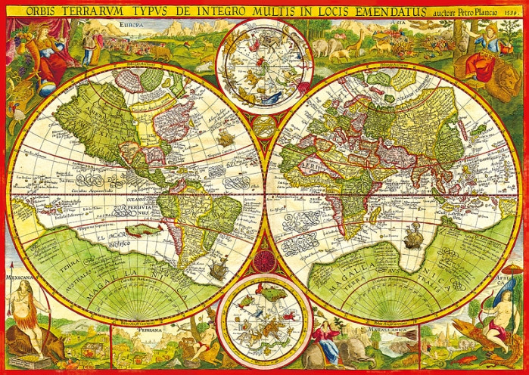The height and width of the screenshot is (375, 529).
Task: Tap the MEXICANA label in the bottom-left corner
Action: click(20, 277)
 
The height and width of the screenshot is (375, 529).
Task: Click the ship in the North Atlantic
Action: click(226, 138)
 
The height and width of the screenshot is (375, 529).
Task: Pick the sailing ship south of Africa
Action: click(412, 240)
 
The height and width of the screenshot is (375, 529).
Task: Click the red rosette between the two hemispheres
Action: click(264, 262)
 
